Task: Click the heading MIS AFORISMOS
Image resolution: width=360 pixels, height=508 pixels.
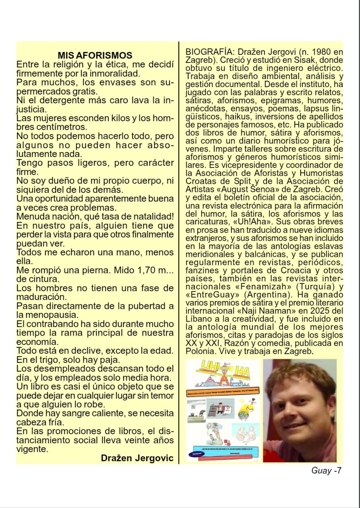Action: click(95, 55)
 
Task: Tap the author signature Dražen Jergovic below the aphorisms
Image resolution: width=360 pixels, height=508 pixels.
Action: click(137, 458)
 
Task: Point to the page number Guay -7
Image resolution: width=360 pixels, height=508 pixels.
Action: click(326, 471)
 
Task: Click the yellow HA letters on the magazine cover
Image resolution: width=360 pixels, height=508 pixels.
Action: click(245, 370)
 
